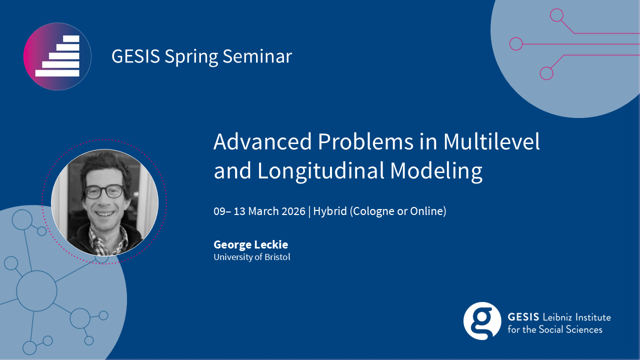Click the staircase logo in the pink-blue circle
pos(57,56)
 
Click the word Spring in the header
pos(190,57)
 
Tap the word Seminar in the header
pos(257,56)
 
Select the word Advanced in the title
pos(262,141)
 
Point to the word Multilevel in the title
pos(491,141)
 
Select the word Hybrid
pos(330,211)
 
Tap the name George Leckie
pos(251,245)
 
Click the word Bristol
pos(277,257)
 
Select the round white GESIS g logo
pos(482,321)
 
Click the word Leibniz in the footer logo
pos(557,317)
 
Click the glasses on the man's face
pos(104,191)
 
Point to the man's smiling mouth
pos(104,213)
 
